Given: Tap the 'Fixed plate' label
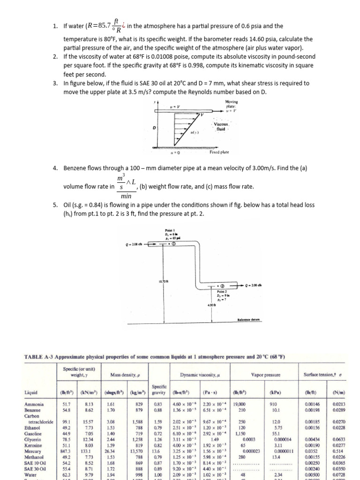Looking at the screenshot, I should click(219, 152).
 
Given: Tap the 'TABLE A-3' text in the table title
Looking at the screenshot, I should click(38, 357).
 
